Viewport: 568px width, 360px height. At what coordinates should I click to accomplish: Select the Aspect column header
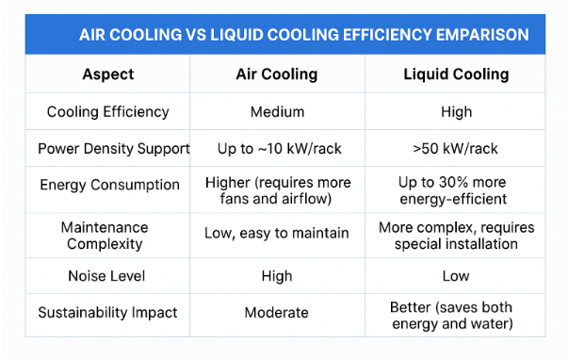(108, 74)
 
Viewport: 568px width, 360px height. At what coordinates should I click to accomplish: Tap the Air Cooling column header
(277, 74)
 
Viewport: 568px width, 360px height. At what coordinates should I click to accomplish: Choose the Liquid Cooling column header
(456, 74)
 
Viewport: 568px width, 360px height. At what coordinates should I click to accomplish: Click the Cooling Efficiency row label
(108, 112)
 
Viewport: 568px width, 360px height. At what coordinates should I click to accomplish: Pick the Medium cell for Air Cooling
(277, 112)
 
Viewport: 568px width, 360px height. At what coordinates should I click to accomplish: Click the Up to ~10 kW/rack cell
(277, 149)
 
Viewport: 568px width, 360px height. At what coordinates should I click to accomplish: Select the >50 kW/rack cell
(456, 149)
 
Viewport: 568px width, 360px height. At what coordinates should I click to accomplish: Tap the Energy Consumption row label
(108, 185)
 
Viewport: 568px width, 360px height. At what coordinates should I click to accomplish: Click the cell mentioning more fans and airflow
(277, 189)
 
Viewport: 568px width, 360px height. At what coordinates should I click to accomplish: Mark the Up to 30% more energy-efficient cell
(456, 189)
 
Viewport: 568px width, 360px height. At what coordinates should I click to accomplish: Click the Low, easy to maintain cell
(277, 233)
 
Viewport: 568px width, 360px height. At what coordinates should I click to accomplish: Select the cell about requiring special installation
(456, 236)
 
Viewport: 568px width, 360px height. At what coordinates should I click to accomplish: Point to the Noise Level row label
(108, 276)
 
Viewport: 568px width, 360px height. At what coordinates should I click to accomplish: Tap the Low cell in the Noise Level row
(456, 276)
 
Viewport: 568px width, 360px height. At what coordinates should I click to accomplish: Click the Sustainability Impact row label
(108, 312)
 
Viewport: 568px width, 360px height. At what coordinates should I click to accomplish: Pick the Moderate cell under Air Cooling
(277, 312)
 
